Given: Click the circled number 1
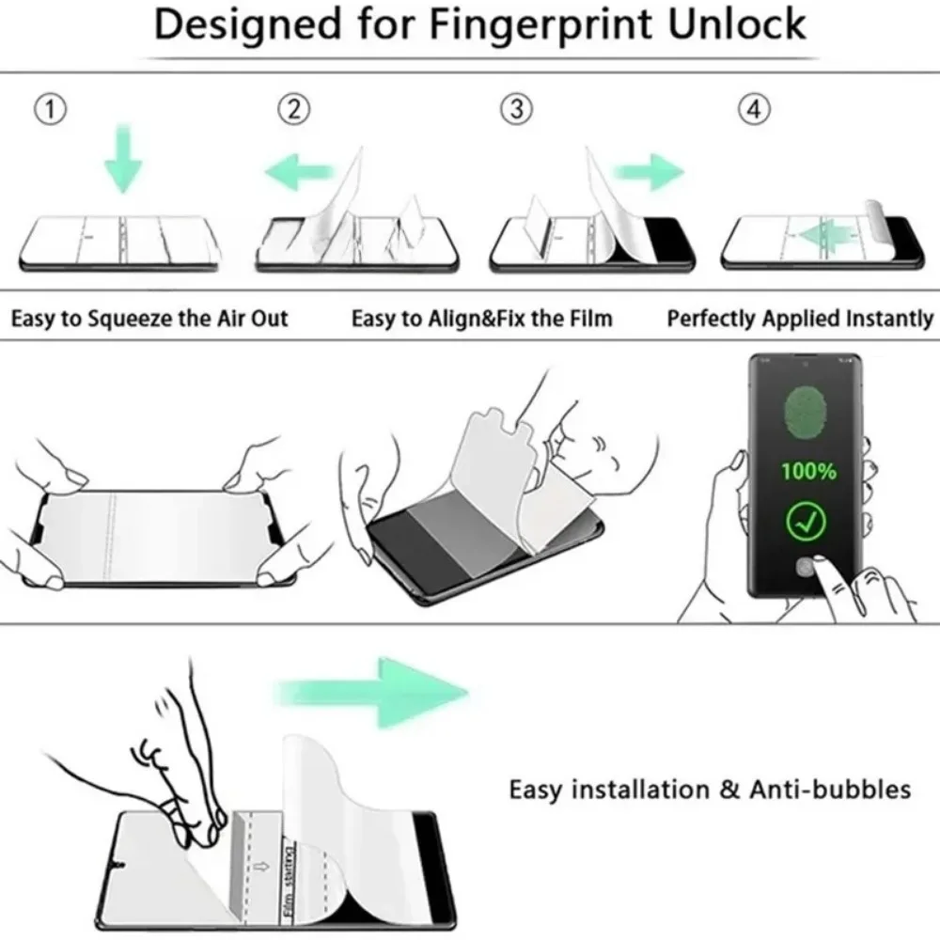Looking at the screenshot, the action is click(51, 110).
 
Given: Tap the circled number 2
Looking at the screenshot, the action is click(293, 110).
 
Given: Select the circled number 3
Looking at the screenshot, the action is click(516, 110).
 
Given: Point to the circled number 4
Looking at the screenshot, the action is click(754, 110).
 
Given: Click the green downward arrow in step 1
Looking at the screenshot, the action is click(123, 158).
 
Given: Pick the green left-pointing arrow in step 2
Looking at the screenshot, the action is click(298, 172).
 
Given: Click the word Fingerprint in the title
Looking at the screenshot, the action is click(540, 25).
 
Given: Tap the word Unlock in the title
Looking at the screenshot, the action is click(737, 24).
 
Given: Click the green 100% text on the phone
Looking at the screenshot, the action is click(807, 471).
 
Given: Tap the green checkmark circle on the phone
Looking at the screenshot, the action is click(806, 522).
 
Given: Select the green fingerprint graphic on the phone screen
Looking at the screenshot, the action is click(805, 414).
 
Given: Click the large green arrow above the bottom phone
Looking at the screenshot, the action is click(371, 693).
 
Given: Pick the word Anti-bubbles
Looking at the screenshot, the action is click(830, 790).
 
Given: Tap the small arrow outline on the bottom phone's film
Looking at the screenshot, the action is click(261, 867).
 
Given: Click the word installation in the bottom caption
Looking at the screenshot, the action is click(640, 790).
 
